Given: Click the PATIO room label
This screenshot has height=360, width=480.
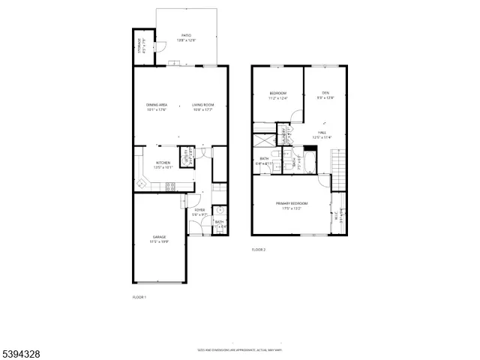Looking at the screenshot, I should [187, 35].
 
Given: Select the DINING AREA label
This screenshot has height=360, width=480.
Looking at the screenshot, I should [157, 104].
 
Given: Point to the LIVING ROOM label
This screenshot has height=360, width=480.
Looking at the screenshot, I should [202, 104].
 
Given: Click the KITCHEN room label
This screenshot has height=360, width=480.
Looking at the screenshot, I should [163, 162].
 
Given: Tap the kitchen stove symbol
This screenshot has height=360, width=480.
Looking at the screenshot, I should [170, 186].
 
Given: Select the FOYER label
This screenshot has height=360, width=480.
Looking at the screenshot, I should [199, 210].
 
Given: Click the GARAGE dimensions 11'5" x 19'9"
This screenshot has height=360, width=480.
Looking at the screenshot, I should [159, 241].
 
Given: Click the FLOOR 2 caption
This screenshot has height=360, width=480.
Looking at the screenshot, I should [259, 249].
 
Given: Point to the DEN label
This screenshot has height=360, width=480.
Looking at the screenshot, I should [326, 93].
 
